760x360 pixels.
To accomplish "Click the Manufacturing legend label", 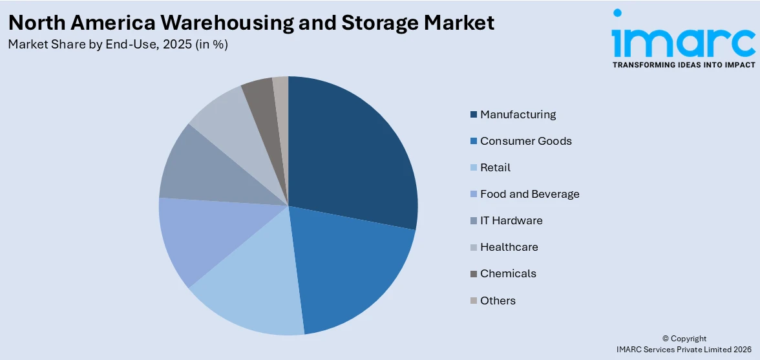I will (x=518, y=114).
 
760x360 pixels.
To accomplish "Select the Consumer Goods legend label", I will (x=525, y=141).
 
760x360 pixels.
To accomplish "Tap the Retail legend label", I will (x=495, y=167).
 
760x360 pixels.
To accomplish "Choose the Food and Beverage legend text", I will (x=529, y=194).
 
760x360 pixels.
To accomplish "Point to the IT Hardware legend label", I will (x=511, y=220).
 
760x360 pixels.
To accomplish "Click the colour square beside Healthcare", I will (x=474, y=248).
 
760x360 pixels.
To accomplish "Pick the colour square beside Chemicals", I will (x=474, y=274).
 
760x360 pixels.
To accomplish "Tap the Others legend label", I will (x=498, y=301).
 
